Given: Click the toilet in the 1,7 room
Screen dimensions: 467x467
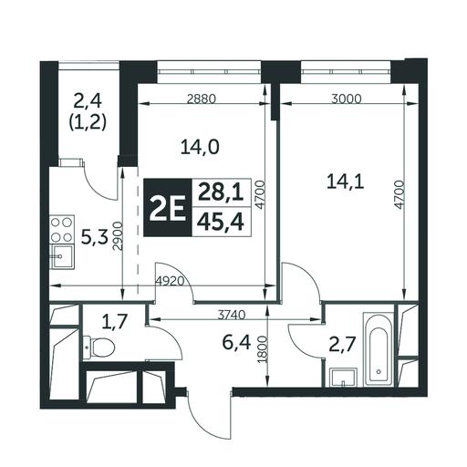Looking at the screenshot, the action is [x=99, y=347].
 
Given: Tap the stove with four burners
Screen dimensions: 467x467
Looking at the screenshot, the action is [x=62, y=230].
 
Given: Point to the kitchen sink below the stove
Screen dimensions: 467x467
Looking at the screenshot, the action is [x=62, y=256].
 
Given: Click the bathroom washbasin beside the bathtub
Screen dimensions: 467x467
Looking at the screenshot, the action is [x=343, y=377].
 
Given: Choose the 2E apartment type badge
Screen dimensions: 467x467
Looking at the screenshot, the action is [x=168, y=208].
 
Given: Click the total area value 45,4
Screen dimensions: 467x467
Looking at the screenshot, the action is [x=221, y=222].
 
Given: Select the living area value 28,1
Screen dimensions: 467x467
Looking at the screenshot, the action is [x=221, y=193].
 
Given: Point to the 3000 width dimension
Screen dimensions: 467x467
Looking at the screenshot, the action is [x=347, y=99].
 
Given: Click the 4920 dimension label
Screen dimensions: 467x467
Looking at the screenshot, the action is [x=170, y=281].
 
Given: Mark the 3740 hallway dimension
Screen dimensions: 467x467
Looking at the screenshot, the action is [x=232, y=316].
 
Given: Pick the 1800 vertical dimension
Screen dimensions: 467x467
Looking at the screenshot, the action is [x=262, y=349].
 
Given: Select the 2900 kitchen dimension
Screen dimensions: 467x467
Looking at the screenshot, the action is [x=117, y=236].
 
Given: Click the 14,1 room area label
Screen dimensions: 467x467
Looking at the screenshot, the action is [x=346, y=182].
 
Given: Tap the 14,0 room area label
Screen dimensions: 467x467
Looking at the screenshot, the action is [x=200, y=148].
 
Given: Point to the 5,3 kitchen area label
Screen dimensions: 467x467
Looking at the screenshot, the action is [x=95, y=238].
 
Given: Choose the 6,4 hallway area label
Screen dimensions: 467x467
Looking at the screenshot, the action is [x=236, y=343].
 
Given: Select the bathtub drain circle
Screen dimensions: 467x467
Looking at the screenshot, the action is [x=379, y=371].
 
